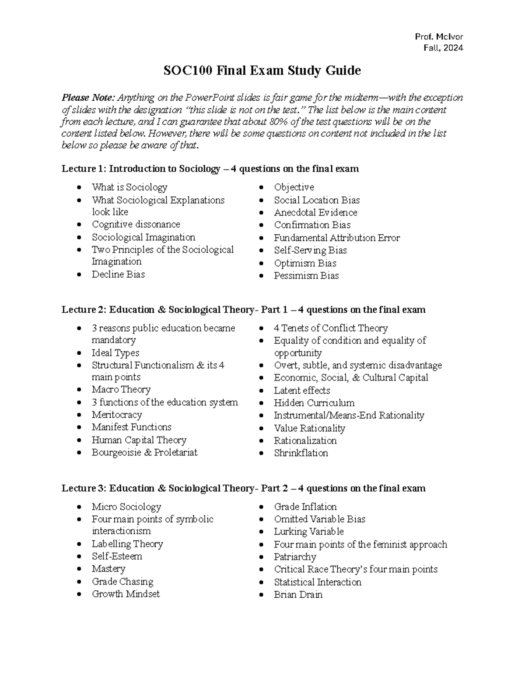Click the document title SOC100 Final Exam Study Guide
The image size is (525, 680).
pos(262,70)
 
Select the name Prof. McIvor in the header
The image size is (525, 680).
pos(439,37)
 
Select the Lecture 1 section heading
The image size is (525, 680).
pos(210,169)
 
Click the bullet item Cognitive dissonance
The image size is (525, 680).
pos(136,224)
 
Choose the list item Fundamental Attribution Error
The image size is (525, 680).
pos(336,238)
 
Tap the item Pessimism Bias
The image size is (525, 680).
pos(306,275)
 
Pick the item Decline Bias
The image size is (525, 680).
pos(118,274)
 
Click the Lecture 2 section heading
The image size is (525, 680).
pos(243,310)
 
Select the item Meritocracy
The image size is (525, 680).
pos(117,415)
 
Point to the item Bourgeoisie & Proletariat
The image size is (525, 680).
pos(144,452)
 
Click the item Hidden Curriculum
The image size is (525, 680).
pos(314,403)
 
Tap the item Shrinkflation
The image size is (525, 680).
pos(301,453)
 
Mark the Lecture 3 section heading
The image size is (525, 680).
pos(243,488)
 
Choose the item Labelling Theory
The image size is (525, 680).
pos(127,544)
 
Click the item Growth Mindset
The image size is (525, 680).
pos(126,594)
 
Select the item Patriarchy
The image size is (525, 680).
pos(295,557)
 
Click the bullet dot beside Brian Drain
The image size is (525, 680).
pos(261,595)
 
